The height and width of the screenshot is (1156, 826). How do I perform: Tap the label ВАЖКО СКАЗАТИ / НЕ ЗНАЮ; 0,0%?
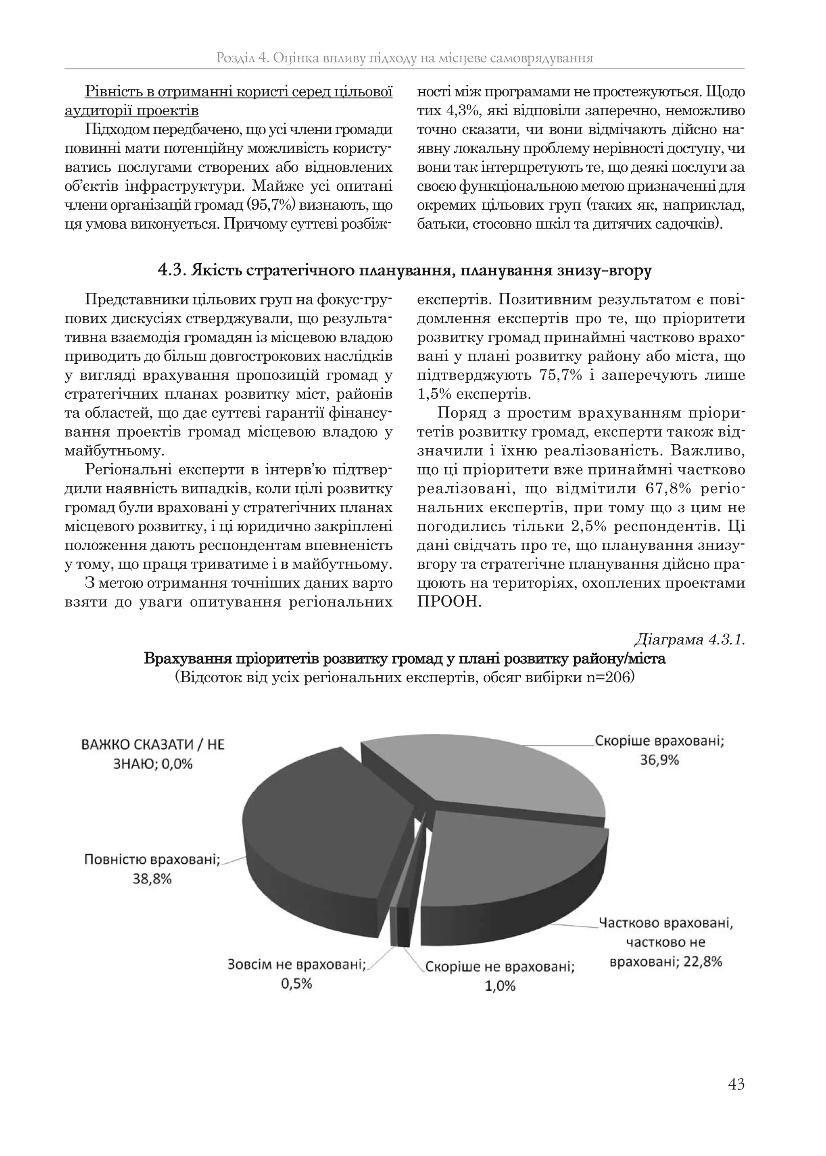(x=152, y=754)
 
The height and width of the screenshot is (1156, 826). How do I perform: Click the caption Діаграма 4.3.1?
(x=689, y=640)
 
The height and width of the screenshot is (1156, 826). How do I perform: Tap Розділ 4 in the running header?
(x=242, y=58)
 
